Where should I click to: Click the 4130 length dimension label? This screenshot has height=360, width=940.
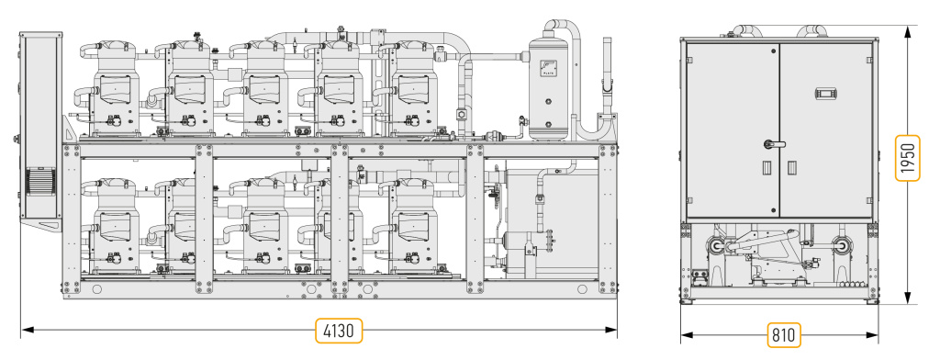[x=339, y=331]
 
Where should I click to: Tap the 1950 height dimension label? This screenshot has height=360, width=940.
[x=908, y=158]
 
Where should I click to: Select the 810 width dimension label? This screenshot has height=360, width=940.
[x=784, y=335]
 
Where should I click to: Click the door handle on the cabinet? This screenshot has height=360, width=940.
[x=771, y=144]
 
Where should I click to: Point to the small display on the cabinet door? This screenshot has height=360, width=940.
[x=825, y=94]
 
